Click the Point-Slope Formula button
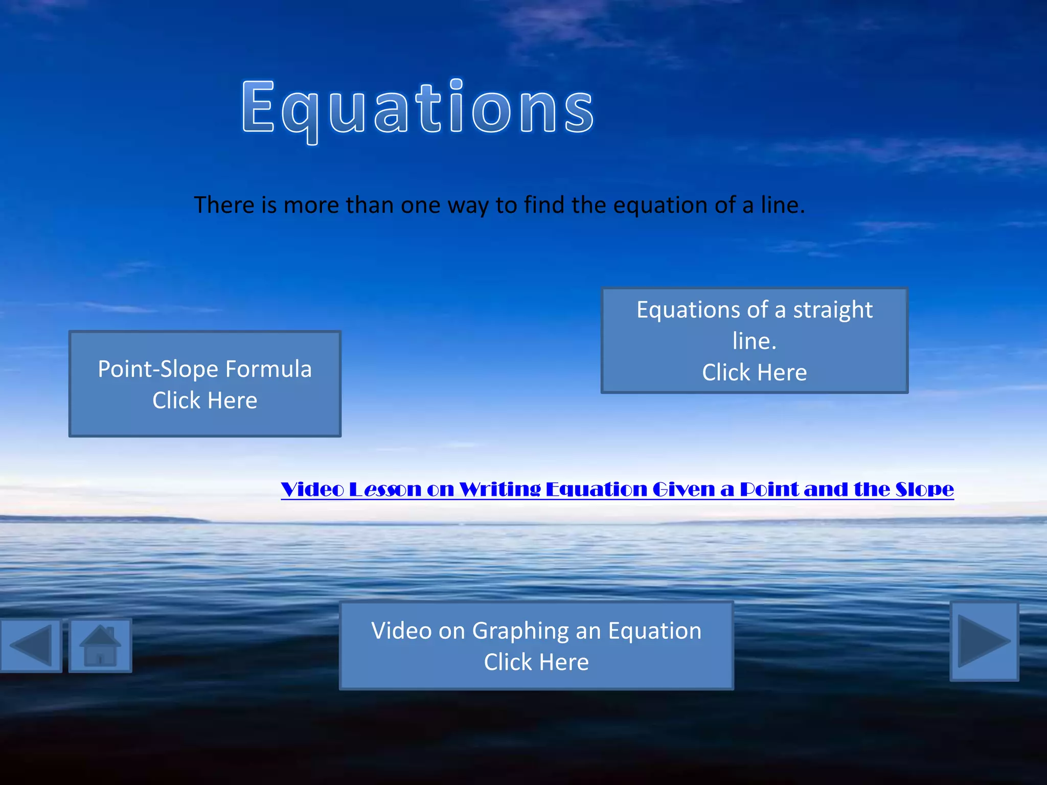click(x=204, y=384)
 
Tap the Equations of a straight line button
click(x=754, y=340)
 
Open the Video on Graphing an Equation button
click(x=536, y=646)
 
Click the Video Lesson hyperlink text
click(x=617, y=490)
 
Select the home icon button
click(x=100, y=645)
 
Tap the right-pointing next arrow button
click(x=984, y=641)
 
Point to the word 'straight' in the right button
click(x=833, y=310)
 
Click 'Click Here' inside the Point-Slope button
click(x=204, y=400)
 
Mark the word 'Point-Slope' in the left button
click(x=158, y=369)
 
